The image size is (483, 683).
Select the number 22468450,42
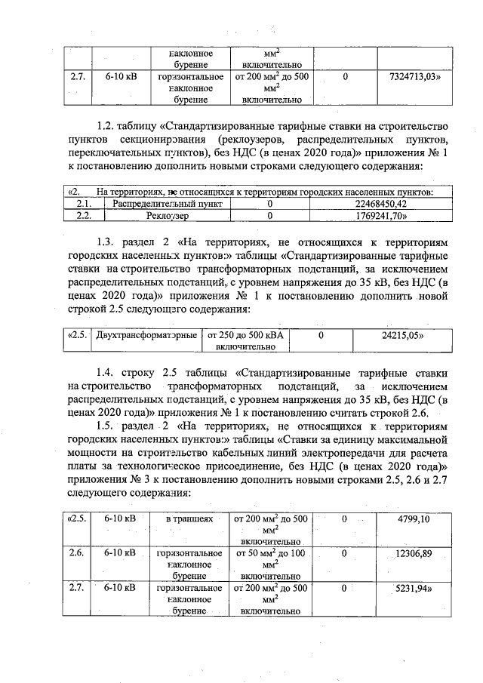coord(380,204)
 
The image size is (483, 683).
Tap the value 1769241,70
coord(380,215)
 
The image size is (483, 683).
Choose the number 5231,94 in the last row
coord(413,587)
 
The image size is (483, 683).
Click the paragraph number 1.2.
coord(107,125)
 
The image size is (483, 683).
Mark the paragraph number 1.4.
coord(107,374)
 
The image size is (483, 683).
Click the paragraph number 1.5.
coord(107,426)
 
